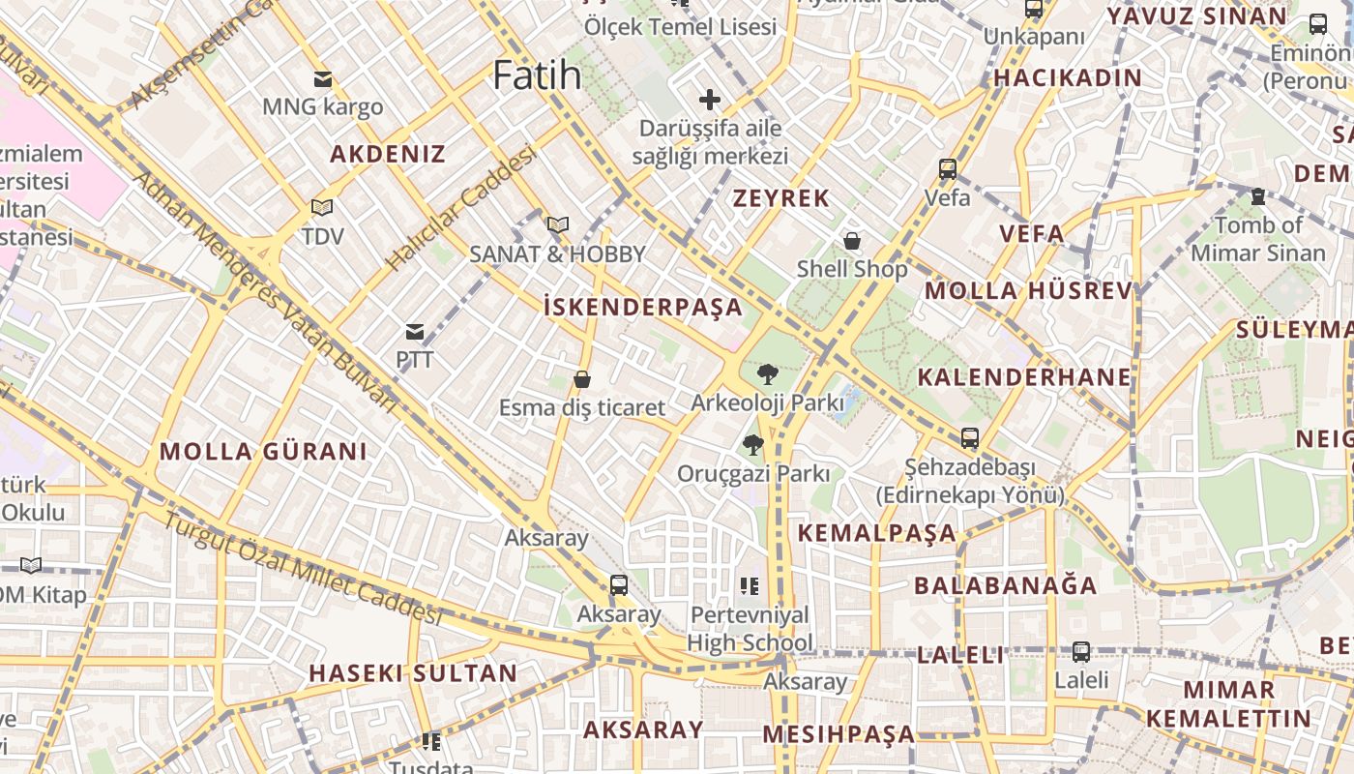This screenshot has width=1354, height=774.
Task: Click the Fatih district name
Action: [x=537, y=75]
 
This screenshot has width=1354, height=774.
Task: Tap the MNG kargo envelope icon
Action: [x=322, y=79]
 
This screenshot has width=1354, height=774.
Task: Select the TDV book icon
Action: [x=322, y=207]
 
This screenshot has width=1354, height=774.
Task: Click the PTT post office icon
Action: [x=415, y=332]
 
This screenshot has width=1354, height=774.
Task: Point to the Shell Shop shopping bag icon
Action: [x=852, y=241]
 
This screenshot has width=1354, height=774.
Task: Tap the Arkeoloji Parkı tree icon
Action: [x=767, y=373]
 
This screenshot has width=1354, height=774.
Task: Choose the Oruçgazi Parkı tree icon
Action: [x=752, y=445]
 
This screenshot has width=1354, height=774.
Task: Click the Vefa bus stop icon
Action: [x=948, y=169]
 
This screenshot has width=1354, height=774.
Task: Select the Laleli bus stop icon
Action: [x=1081, y=652]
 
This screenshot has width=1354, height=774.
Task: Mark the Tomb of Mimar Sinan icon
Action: [x=1258, y=196]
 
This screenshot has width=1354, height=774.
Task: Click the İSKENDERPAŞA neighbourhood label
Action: [x=643, y=308]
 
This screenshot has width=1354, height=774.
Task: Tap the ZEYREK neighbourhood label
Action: [x=780, y=198]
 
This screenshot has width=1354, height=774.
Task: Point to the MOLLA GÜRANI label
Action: [x=263, y=451]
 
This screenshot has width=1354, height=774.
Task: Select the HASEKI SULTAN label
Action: [x=413, y=673]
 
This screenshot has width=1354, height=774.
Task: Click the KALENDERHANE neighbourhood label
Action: [x=1024, y=377]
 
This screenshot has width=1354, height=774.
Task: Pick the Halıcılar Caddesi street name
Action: [x=461, y=208]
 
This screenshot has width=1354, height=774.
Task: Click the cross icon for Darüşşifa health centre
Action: [x=710, y=99]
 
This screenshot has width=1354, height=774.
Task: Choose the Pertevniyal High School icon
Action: [x=750, y=585]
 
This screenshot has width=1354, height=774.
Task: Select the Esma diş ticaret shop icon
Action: [x=582, y=379]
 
